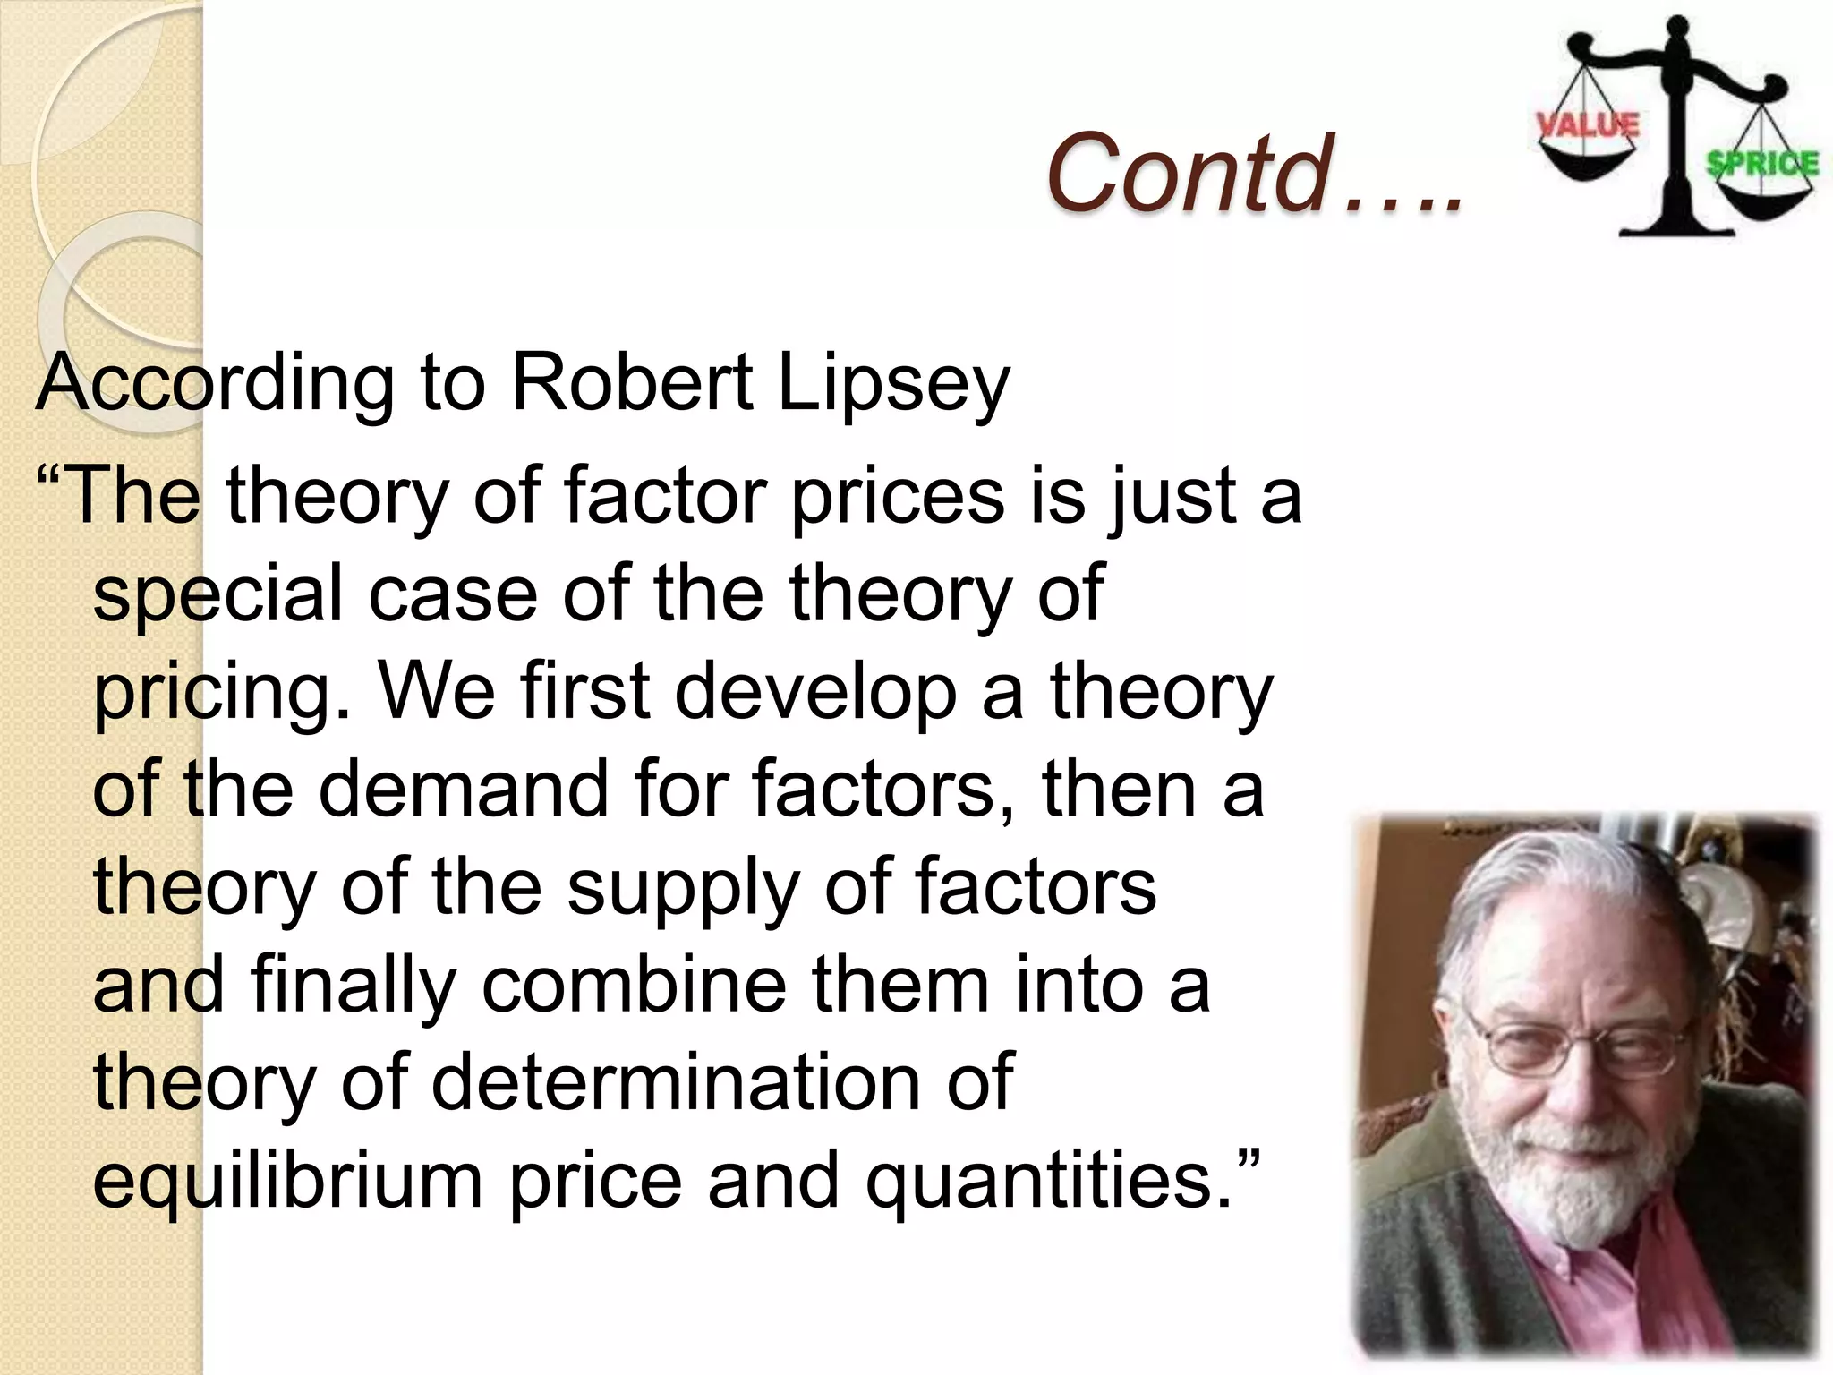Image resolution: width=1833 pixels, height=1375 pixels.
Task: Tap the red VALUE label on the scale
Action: tap(1589, 124)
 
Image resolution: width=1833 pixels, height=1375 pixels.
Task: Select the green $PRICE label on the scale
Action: tap(1761, 164)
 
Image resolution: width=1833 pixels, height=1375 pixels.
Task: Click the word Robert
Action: tap(632, 383)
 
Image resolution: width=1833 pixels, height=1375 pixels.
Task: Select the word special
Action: tap(218, 596)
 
